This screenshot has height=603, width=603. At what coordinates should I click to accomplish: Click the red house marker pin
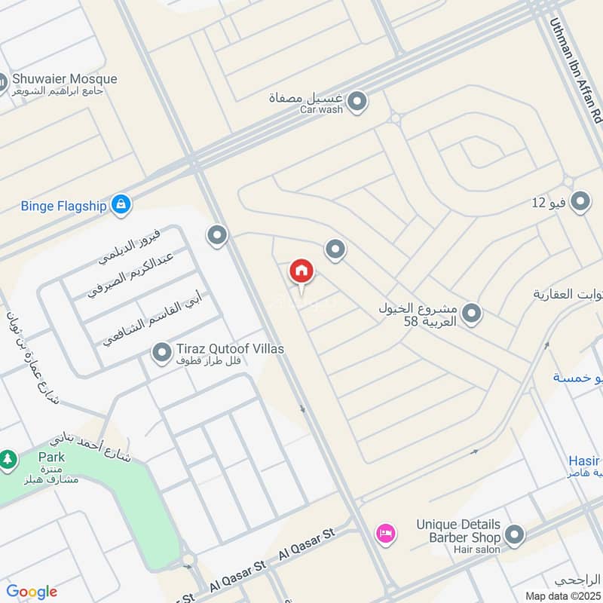[x=301, y=271]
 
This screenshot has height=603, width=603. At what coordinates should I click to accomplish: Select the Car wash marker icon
[x=358, y=100]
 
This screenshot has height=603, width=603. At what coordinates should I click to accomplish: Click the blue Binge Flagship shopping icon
[x=121, y=204]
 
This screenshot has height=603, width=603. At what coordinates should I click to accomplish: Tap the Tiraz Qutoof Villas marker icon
[x=161, y=352]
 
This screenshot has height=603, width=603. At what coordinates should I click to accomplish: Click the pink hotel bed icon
[x=385, y=533]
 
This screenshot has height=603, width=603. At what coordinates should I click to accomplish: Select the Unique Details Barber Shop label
[x=458, y=531]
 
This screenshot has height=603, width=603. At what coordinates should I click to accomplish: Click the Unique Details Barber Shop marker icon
[x=515, y=535]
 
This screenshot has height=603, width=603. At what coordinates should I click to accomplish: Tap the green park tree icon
[x=8, y=458]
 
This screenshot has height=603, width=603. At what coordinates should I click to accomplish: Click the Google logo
[x=32, y=592]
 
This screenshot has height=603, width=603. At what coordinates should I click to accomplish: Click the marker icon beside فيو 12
[x=580, y=202]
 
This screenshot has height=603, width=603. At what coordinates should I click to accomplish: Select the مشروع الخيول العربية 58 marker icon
[x=472, y=313]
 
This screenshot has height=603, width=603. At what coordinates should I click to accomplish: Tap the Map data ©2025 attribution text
[x=563, y=596]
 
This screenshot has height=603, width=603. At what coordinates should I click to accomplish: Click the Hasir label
[x=585, y=461]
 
